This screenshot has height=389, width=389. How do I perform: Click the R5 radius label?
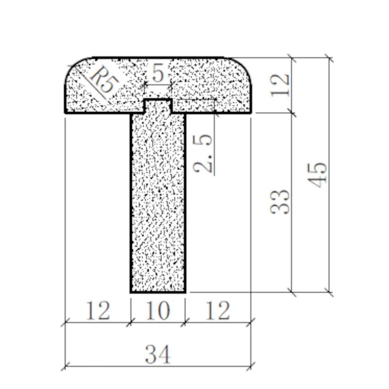click(x=102, y=80)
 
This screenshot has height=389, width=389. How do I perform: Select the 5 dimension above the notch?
click(x=158, y=73)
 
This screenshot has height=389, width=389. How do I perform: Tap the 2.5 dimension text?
click(x=203, y=153)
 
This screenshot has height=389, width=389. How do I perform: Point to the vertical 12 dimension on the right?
click(x=281, y=85)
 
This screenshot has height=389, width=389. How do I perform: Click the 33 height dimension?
click(x=280, y=202)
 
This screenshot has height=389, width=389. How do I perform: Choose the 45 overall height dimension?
click(x=320, y=175)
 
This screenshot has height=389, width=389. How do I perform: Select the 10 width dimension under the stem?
click(x=158, y=311)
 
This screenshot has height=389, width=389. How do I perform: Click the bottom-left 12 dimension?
click(x=98, y=311)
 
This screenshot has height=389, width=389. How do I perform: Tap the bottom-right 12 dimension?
click(x=218, y=311)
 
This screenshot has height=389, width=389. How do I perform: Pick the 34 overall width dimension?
click(x=158, y=355)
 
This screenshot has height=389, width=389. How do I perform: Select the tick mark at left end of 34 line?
click(x=65, y=366)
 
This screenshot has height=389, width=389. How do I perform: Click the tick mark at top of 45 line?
click(x=329, y=58)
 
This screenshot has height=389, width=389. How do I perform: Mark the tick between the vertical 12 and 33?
click(x=292, y=113)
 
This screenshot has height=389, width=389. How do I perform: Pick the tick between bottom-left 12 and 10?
click(x=131, y=321)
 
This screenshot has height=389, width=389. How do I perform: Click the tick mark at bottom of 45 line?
click(x=329, y=291)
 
